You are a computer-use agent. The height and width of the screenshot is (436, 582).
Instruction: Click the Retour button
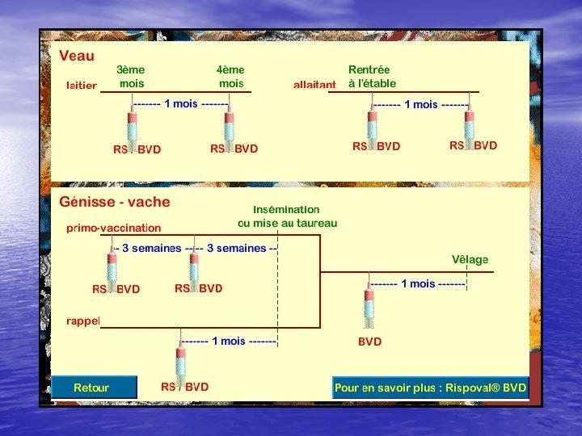[91, 388]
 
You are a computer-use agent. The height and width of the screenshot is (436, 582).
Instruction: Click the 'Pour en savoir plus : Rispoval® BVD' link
[430, 388]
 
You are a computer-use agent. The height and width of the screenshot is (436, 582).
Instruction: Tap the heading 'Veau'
[77, 57]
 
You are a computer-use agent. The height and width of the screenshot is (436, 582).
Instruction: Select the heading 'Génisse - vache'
[115, 202]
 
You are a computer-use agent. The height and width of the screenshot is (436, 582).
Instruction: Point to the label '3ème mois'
[131, 77]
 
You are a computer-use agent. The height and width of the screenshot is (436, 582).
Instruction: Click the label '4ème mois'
[231, 77]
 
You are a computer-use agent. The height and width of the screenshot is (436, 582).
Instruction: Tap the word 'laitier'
[82, 85]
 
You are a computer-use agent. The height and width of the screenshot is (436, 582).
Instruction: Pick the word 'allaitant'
[314, 85]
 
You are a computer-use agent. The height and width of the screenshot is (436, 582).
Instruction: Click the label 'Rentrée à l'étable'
[372, 77]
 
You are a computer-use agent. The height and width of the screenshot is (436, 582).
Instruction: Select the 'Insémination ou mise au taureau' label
[287, 216]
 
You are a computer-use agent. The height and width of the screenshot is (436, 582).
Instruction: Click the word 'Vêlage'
[470, 259]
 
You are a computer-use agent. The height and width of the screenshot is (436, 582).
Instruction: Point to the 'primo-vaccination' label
[114, 228]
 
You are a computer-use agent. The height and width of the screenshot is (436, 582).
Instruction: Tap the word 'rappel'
[82, 321]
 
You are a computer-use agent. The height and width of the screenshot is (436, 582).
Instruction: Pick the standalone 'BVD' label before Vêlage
[370, 342]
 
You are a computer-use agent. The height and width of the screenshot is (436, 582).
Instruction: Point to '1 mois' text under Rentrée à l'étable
[420, 105]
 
